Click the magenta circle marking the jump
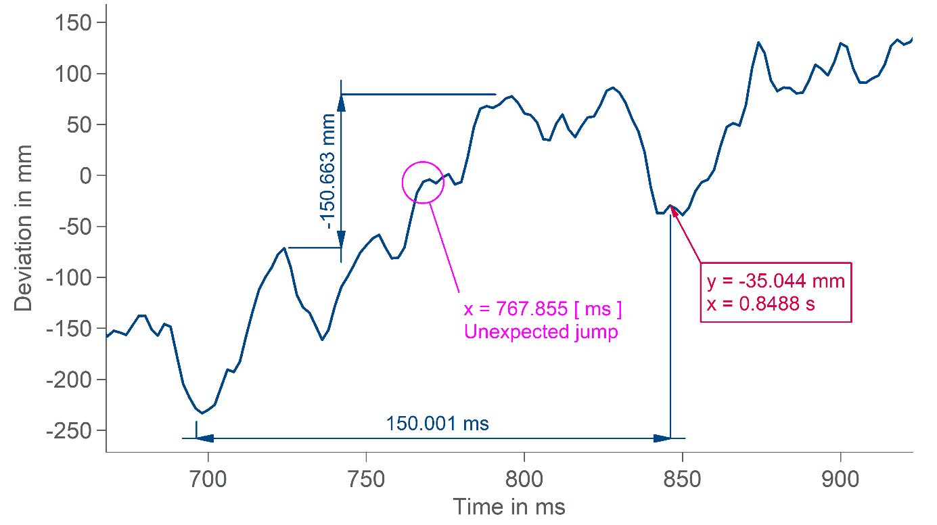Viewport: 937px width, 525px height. tap(423, 182)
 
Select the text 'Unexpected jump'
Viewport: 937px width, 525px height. tap(541, 332)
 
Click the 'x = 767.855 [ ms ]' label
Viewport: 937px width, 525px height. tap(542, 310)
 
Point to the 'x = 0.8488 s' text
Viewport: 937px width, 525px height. tap(760, 304)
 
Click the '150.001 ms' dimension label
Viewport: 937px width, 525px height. tap(437, 424)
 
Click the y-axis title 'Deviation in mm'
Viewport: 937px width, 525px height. tap(24, 227)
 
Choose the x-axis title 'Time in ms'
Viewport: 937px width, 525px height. tap(508, 507)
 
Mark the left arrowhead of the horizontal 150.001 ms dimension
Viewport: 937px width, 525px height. tap(204, 438)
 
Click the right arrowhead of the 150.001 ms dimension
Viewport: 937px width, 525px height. tap(662, 438)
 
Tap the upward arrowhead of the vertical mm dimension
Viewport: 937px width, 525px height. tap(341, 101)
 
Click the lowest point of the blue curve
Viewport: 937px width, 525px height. tap(202, 413)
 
